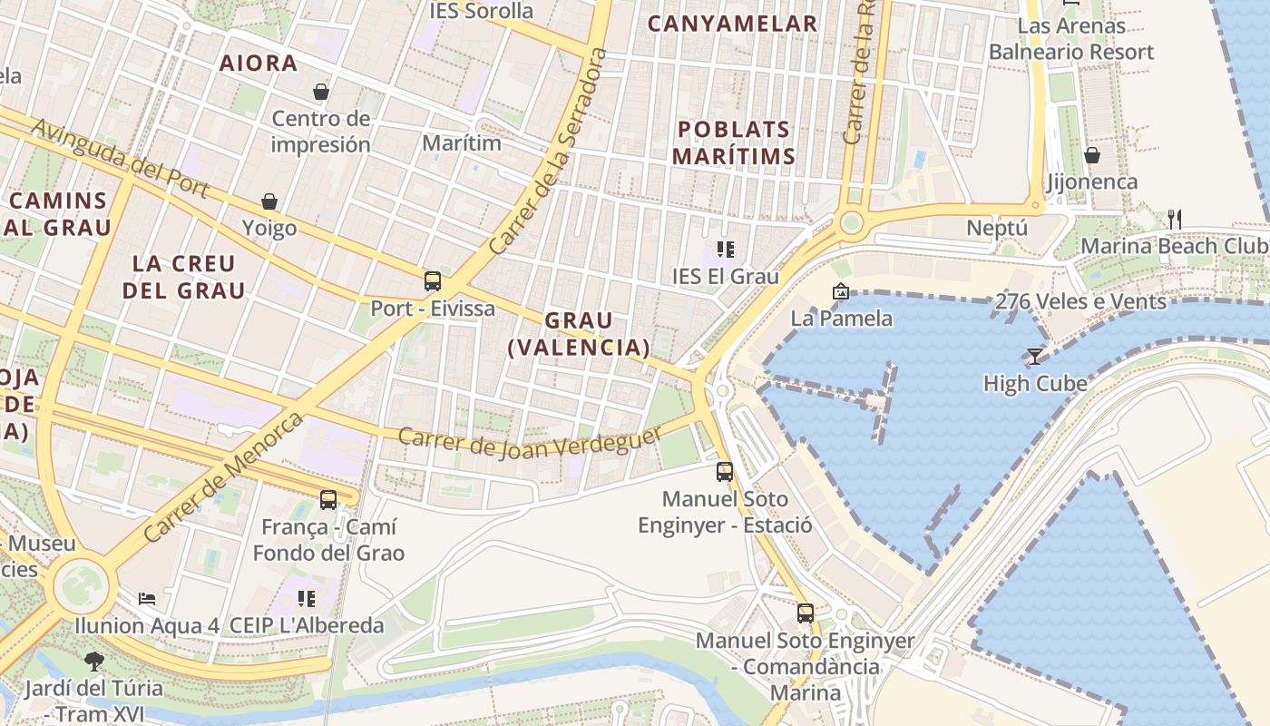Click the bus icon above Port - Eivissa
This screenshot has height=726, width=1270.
pyautogui.click(x=433, y=281)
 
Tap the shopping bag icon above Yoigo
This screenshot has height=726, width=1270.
pyautogui.click(x=269, y=201)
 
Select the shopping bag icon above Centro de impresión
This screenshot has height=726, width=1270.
pyautogui.click(x=320, y=92)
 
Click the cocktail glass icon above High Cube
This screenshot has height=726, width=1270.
pyautogui.click(x=1034, y=356)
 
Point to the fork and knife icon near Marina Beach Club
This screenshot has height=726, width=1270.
pyautogui.click(x=1175, y=219)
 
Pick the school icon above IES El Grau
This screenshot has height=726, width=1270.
pyautogui.click(x=725, y=249)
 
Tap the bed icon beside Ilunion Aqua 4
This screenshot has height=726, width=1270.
pyautogui.click(x=147, y=599)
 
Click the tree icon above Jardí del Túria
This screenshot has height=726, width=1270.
pyautogui.click(x=93, y=661)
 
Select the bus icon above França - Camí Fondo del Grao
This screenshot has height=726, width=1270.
pyautogui.click(x=328, y=500)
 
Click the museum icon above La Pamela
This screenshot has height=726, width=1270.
pyautogui.click(x=841, y=291)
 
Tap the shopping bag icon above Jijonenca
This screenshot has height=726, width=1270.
pyautogui.click(x=1092, y=155)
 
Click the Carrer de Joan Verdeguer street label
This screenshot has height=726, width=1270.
pyautogui.click(x=530, y=442)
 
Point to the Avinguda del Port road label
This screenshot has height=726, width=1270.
pyautogui.click(x=120, y=157)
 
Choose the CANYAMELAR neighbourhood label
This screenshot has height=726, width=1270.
pyautogui.click(x=733, y=24)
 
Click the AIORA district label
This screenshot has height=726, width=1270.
pyautogui.click(x=259, y=63)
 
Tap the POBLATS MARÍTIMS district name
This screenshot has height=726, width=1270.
pyautogui.click(x=733, y=142)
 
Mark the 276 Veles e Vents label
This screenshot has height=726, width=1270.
pyautogui.click(x=1080, y=301)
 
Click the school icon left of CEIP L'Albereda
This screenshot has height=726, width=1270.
pyautogui.click(x=307, y=599)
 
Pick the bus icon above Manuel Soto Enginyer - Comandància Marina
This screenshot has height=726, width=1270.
pyautogui.click(x=806, y=613)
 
